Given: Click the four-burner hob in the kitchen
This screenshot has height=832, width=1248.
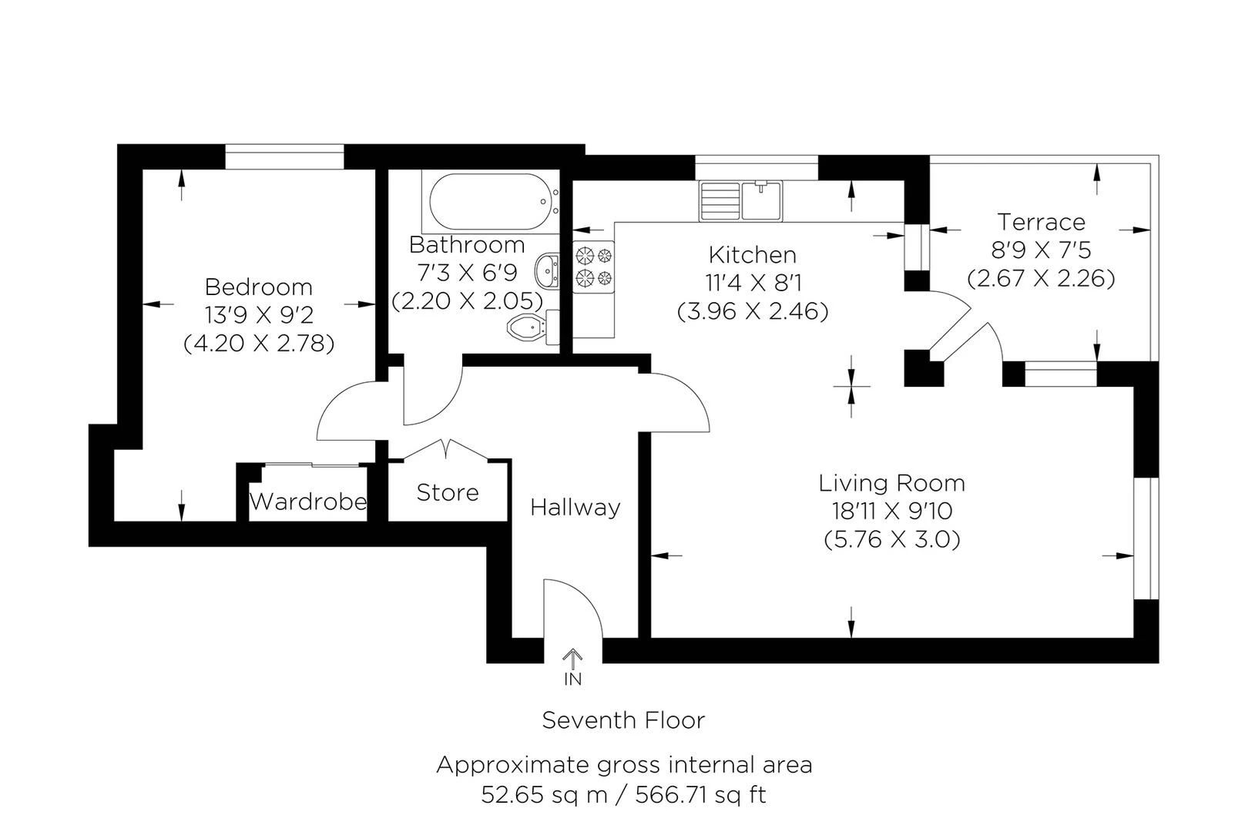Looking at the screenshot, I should click(593, 267).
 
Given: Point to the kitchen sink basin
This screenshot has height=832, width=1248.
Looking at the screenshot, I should click(760, 200).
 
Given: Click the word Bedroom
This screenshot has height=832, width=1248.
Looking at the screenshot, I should click(259, 287).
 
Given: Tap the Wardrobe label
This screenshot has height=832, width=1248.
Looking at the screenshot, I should click(308, 502).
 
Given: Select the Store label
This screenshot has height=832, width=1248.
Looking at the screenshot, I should click(448, 493).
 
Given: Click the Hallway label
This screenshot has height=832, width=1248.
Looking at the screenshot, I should click(575, 508).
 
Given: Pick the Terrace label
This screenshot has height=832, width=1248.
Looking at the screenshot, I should click(1042, 223).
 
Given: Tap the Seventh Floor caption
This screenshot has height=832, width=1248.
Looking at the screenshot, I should click(623, 721).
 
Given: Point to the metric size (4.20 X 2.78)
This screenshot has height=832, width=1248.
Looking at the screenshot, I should click(259, 344).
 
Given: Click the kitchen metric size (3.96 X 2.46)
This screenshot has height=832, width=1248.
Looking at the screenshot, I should click(753, 312).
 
